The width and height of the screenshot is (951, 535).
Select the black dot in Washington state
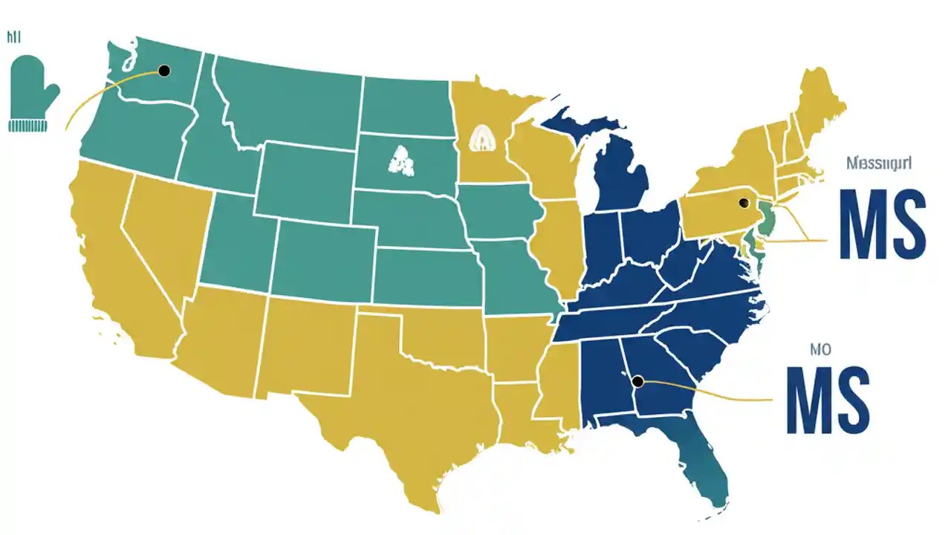(x=164, y=71)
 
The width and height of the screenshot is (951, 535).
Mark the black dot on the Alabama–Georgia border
(x=637, y=381)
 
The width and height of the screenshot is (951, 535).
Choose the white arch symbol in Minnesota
(x=483, y=138)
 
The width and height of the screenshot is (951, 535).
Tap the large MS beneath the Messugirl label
(x=881, y=223)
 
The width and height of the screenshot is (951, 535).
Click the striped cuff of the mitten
(x=28, y=125)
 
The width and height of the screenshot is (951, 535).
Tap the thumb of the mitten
(x=51, y=95)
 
